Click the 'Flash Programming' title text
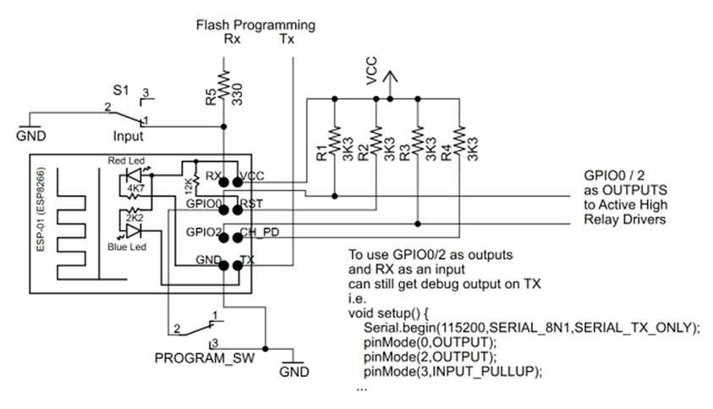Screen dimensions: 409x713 click(255, 25)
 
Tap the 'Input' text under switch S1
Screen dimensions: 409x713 click(129, 135)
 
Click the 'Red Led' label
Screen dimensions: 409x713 click(124, 161)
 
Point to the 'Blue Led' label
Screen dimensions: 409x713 click(126, 246)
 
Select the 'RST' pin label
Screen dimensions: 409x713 click(251, 204)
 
